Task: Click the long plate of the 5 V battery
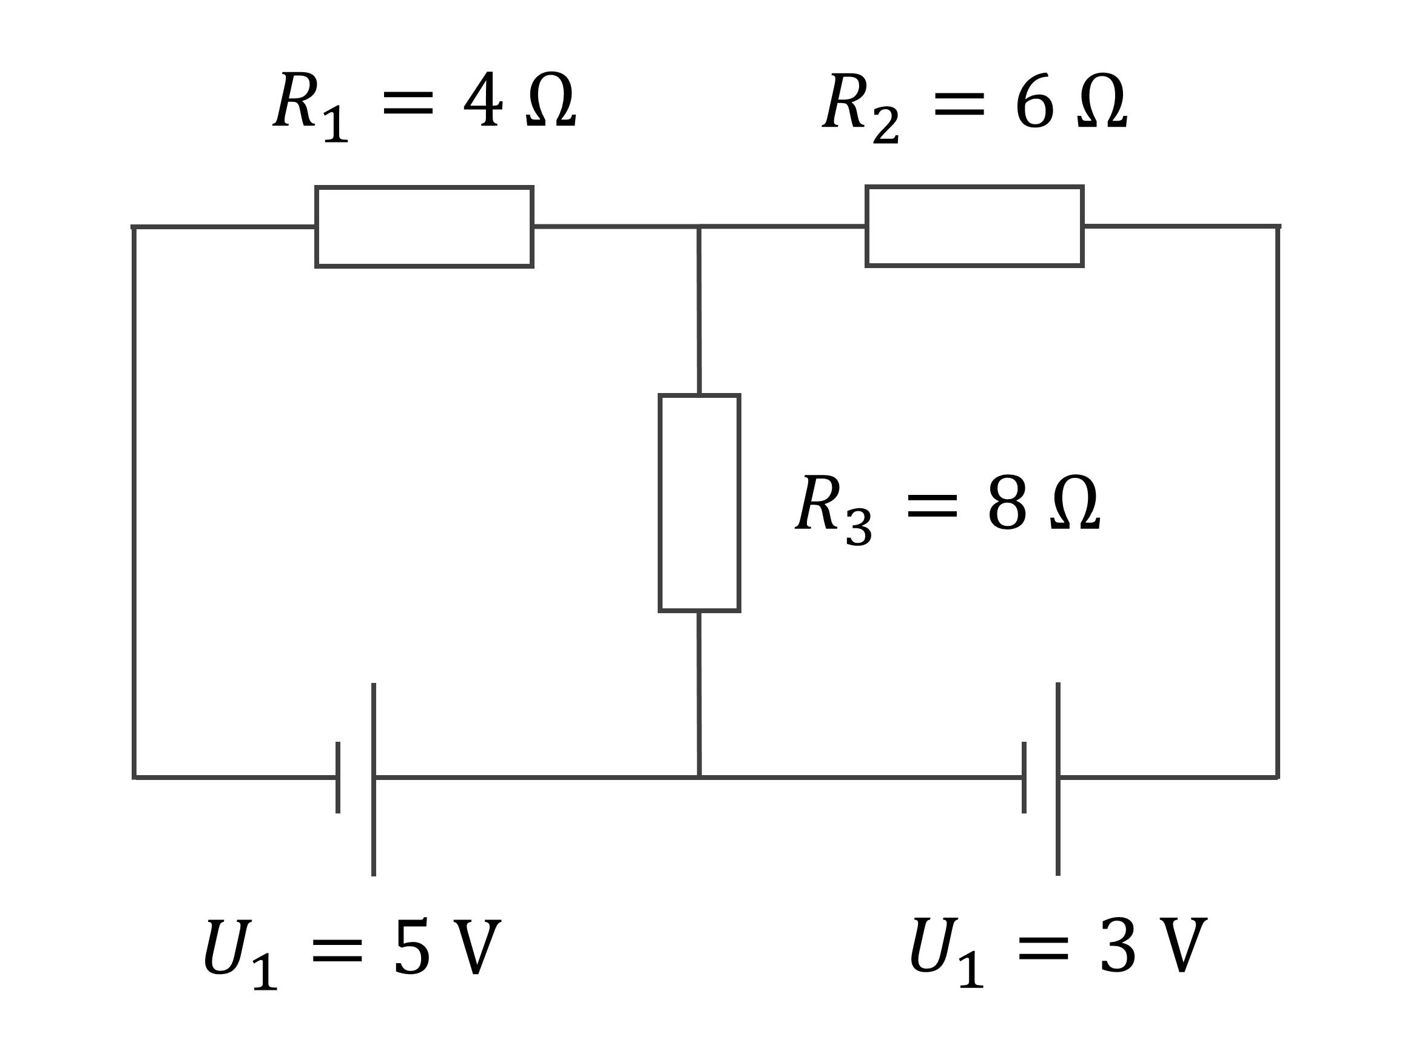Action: pyautogui.click(x=374, y=779)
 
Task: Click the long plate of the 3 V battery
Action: pyautogui.click(x=1058, y=779)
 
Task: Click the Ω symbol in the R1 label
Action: pyautogui.click(x=550, y=101)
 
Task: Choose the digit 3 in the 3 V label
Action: pyautogui.click(x=1118, y=946)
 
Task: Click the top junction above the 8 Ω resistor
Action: pyautogui.click(x=699, y=226)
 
